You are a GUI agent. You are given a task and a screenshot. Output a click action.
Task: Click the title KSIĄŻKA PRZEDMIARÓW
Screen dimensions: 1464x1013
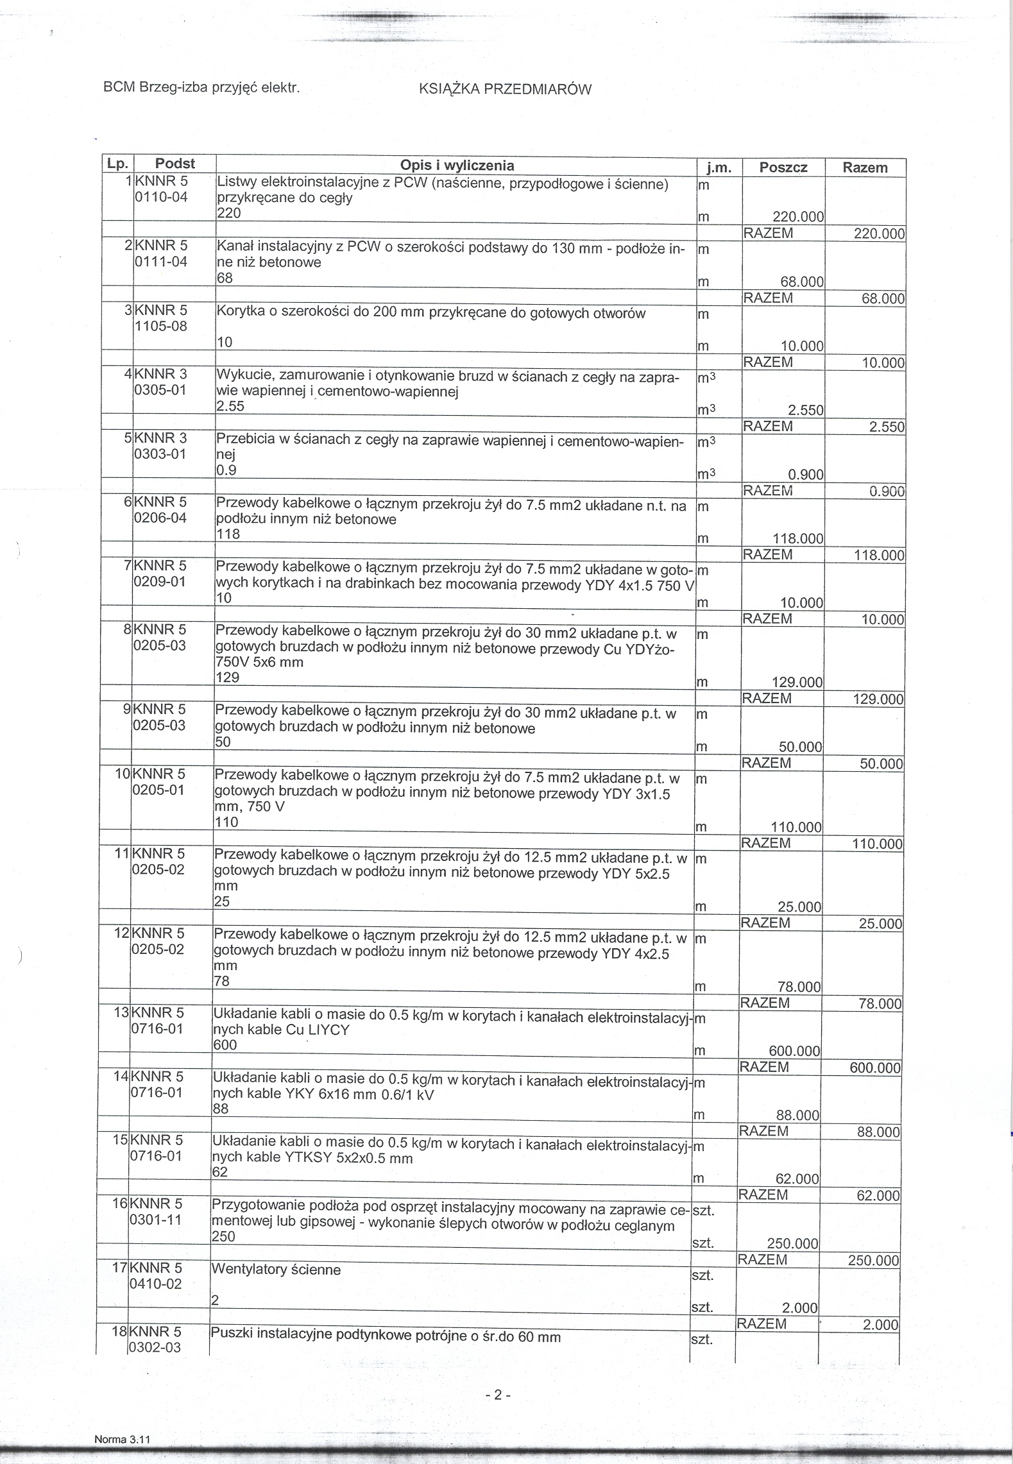coord(504,90)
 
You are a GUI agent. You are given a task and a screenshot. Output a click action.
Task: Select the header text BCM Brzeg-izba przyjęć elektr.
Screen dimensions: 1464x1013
coord(201,87)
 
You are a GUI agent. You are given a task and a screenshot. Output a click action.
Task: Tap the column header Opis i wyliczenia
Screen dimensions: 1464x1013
coord(457,166)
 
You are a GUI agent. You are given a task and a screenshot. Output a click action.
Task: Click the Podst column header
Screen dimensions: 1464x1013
coord(175,164)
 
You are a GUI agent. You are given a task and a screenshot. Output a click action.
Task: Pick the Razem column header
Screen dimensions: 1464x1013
coord(865,168)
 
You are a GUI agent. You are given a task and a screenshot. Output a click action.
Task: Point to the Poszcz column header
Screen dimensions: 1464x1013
coord(783,168)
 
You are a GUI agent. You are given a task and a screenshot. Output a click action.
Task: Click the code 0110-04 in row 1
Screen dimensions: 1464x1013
coord(160,198)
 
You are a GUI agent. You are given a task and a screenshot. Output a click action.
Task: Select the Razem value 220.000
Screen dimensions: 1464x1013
coord(878,234)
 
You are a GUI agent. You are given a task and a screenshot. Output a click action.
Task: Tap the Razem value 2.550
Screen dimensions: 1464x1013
coord(886,427)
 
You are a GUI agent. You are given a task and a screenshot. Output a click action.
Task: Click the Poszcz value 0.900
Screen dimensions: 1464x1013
coord(805,475)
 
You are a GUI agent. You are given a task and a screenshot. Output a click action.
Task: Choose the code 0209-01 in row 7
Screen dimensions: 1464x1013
coord(159,583)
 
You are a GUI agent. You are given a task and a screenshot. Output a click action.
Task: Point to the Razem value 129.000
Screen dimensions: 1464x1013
coord(877,699)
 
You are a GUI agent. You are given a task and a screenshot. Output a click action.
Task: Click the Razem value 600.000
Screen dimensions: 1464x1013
coord(875,1068)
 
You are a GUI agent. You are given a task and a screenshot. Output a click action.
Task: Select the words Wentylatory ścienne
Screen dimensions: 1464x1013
coord(276,1270)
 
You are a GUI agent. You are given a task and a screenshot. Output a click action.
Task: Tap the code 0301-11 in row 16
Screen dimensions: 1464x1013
coord(156,1220)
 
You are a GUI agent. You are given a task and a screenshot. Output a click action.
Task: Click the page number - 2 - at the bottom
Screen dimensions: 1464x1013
coord(497,1394)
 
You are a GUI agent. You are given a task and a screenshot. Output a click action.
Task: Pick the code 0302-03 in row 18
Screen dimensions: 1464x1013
coord(155,1349)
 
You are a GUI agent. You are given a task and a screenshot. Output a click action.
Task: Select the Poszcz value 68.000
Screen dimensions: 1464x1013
coord(801,282)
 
